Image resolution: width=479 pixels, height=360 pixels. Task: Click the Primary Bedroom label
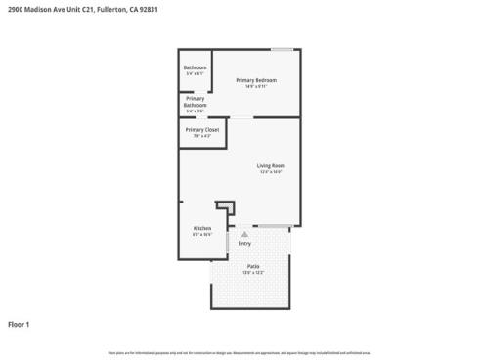click(256, 79)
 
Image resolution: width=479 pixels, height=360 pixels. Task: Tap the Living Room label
click(271, 165)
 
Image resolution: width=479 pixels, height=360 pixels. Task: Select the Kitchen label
click(202, 228)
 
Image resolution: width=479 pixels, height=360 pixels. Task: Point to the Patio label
click(253, 266)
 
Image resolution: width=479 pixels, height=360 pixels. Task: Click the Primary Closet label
click(202, 129)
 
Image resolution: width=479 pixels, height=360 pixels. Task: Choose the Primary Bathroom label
click(196, 101)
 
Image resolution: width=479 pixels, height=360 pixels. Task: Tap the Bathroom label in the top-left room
click(196, 67)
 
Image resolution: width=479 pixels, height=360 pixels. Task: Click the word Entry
click(244, 243)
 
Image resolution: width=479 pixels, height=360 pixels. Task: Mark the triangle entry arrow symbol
click(244, 235)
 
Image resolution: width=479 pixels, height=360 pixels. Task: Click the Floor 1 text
click(20, 324)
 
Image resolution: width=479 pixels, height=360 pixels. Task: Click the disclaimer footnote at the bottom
click(239, 351)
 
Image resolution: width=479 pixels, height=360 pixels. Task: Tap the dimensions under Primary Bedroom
click(256, 86)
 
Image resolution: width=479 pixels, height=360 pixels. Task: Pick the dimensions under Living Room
click(271, 172)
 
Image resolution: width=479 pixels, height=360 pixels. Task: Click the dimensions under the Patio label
click(253, 273)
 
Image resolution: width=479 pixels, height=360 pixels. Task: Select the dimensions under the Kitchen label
click(202, 235)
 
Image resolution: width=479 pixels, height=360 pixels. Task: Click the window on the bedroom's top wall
click(283, 50)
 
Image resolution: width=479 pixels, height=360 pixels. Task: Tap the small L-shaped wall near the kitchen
click(227, 207)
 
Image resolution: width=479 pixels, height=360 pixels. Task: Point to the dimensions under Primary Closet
click(202, 136)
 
